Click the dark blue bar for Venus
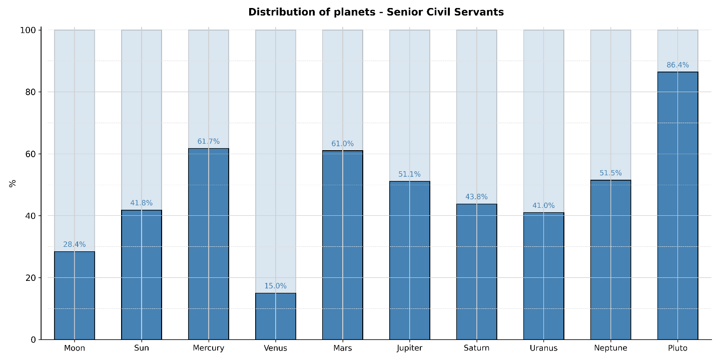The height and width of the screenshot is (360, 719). (275, 316)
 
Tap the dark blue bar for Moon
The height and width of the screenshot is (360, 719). (75, 295)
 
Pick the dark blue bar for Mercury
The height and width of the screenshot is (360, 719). (208, 244)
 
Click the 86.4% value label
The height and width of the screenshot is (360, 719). (677, 65)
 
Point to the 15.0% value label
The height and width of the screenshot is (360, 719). (275, 286)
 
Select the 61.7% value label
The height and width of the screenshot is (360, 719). (208, 142)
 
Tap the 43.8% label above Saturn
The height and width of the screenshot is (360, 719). (476, 197)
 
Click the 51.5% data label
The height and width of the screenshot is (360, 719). (610, 173)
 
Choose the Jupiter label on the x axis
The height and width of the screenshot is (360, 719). (409, 348)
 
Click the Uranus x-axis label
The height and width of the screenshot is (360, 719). (543, 348)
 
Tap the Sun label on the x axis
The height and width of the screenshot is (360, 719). (142, 348)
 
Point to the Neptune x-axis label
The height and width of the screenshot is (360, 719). (610, 348)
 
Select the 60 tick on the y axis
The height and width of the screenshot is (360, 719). (31, 154)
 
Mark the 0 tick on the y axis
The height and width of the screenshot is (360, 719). (33, 339)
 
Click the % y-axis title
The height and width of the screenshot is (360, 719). (13, 183)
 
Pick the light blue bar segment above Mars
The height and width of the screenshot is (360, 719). (342, 90)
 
